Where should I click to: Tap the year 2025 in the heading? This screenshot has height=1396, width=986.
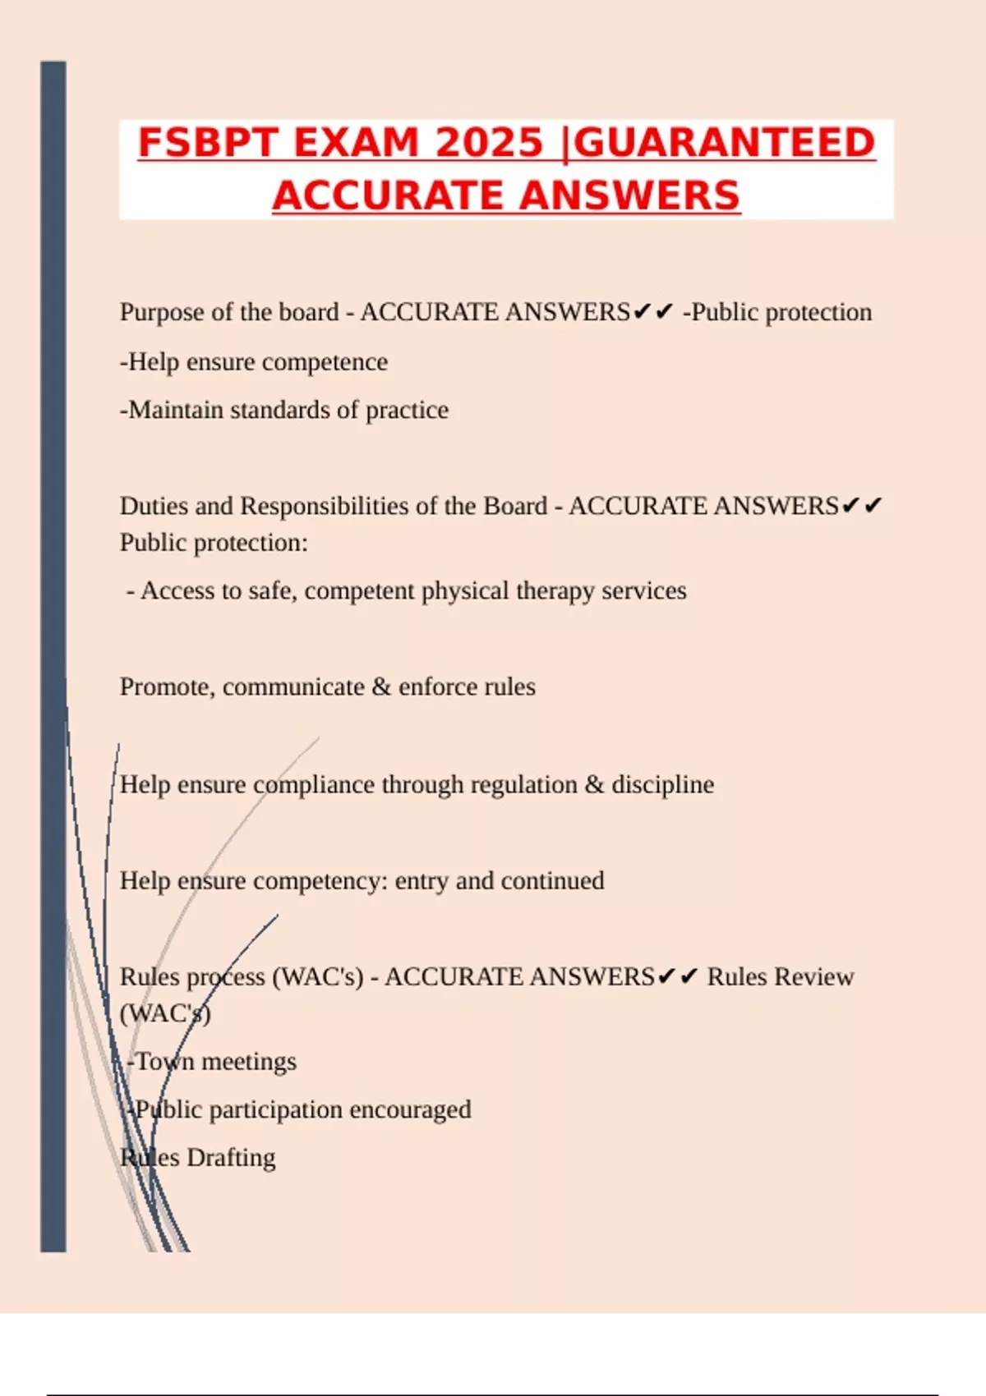point(489,143)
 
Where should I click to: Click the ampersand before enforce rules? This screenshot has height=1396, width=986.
point(381,687)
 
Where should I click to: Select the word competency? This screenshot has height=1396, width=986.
point(320,881)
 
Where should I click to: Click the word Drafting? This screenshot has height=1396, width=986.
point(231,1158)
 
